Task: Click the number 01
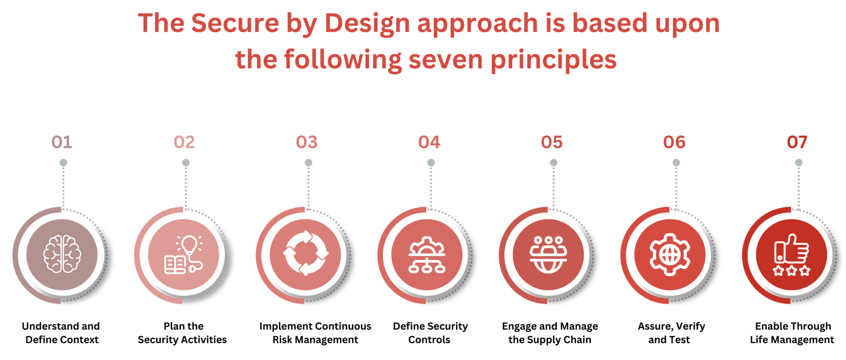pyautogui.click(x=62, y=142)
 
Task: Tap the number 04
pyautogui.click(x=429, y=142)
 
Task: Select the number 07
pyautogui.click(x=797, y=142)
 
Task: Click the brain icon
pyautogui.click(x=62, y=254)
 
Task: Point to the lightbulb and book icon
pyautogui.click(x=184, y=255)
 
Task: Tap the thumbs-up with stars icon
pyautogui.click(x=791, y=255)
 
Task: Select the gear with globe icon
pyautogui.click(x=670, y=254)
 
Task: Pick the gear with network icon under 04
pyautogui.click(x=427, y=255)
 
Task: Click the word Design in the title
pyautogui.click(x=367, y=23)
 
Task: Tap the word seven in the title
pyautogui.click(x=445, y=59)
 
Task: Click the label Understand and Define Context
pyautogui.click(x=61, y=333)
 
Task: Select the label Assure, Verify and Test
pyautogui.click(x=671, y=333)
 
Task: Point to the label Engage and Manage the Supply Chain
pyautogui.click(x=550, y=333)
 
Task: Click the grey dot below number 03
pyautogui.click(x=309, y=163)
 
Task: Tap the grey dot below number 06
pyautogui.click(x=676, y=163)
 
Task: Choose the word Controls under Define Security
pyautogui.click(x=429, y=340)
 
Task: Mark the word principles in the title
pyautogui.click(x=554, y=60)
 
